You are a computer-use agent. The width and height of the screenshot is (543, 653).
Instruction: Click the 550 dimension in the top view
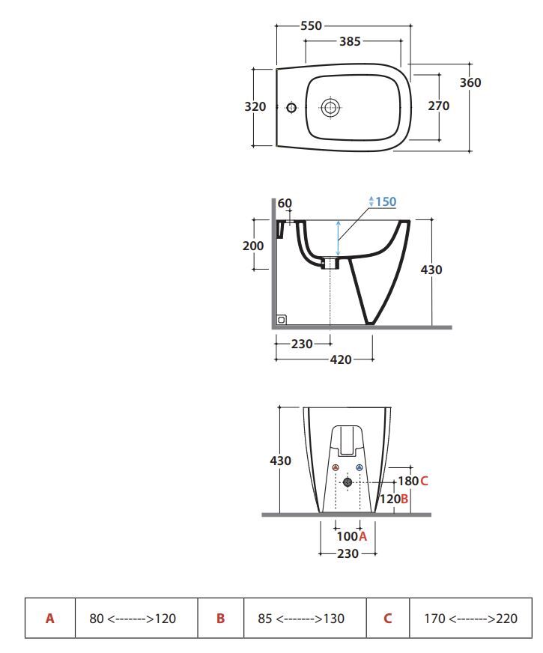click(311, 25)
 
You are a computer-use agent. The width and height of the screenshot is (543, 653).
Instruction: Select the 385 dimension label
click(350, 41)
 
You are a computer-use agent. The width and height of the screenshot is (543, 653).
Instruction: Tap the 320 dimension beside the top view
click(255, 106)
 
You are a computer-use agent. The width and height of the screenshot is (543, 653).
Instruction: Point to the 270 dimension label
click(438, 106)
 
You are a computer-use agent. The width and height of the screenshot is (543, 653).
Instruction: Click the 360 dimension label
click(470, 82)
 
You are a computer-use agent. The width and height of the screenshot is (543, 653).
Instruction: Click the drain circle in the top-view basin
click(330, 108)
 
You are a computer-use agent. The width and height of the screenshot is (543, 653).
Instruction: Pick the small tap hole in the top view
click(291, 108)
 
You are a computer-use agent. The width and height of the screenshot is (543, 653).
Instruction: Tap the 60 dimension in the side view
click(285, 203)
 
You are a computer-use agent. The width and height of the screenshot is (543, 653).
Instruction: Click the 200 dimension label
click(253, 246)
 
